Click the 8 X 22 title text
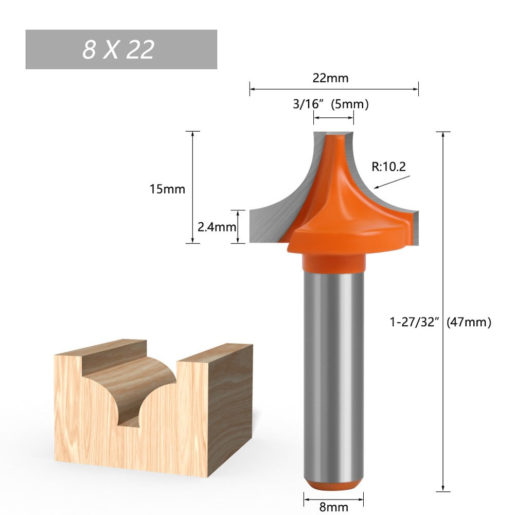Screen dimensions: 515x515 click(118, 50)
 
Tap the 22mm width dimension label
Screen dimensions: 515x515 click(330, 78)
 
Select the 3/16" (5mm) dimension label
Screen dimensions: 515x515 click(331, 104)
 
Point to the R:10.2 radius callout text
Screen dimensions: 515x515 click(388, 166)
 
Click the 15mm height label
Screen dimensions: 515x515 click(167, 189)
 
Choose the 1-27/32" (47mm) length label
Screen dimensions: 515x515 click(440, 322)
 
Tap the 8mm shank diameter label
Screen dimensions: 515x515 click(333, 507)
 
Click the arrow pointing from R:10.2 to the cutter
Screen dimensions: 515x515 click(394, 182)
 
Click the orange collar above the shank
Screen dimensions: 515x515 click(333, 263)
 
